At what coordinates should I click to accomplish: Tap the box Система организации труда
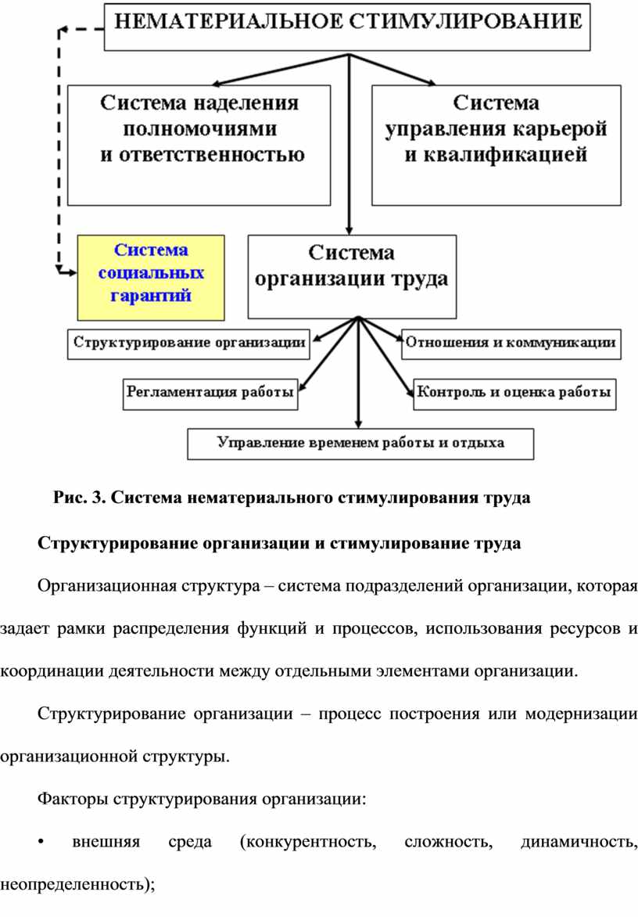(352, 275)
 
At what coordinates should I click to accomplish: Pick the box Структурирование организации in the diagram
(188, 341)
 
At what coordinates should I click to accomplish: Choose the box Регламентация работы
(210, 393)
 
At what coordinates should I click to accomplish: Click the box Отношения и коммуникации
(511, 341)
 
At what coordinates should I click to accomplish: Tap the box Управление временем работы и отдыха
(360, 443)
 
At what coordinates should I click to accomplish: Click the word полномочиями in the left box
(200, 128)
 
